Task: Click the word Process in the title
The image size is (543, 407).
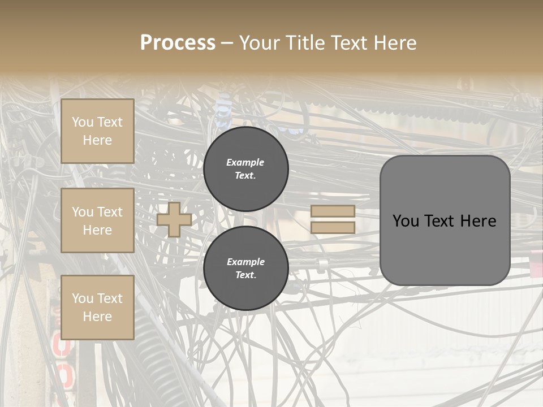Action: [178, 43]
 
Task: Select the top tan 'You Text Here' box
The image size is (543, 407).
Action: [97, 131]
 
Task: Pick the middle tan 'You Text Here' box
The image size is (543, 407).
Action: [97, 220]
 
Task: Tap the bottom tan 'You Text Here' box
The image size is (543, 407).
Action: [97, 308]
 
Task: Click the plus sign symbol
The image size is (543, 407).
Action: [174, 219]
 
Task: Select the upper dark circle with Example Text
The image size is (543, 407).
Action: [245, 169]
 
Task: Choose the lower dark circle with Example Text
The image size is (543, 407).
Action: [245, 269]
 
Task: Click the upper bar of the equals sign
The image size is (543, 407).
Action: [333, 211]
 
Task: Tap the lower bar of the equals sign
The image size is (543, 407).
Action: [333, 228]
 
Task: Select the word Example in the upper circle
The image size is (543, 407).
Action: [245, 162]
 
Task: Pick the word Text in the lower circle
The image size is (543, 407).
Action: [245, 275]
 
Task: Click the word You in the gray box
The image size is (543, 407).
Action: [406, 221]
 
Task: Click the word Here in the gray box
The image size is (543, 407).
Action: [478, 221]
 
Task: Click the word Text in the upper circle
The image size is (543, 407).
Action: [245, 176]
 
